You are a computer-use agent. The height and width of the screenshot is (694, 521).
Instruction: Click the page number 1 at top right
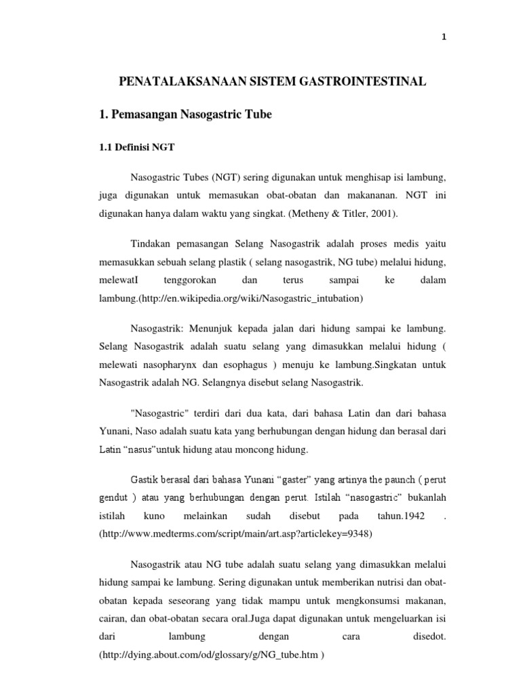[444, 38]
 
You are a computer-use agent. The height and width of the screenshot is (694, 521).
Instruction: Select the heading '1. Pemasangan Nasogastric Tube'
[185, 115]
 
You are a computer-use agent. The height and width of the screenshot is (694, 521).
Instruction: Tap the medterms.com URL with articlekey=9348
[236, 534]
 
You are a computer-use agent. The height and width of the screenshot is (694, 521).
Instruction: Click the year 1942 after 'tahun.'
[405, 516]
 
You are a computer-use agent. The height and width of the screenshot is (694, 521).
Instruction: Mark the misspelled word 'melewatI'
[118, 280]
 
